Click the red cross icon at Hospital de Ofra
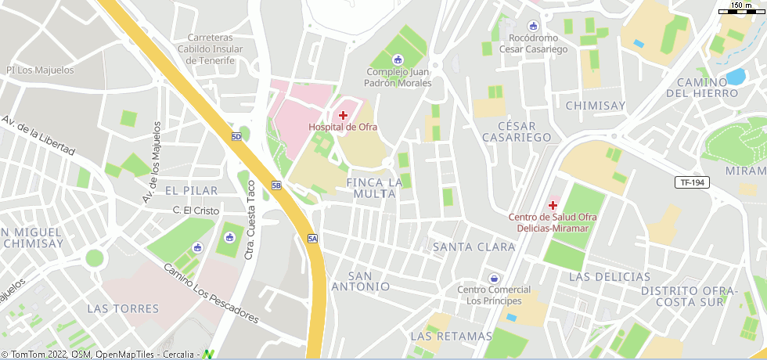pyautogui.click(x=343, y=116)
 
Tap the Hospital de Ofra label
pyautogui.click(x=343, y=127)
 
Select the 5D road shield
pyautogui.click(x=236, y=137)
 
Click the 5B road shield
pyautogui.click(x=276, y=185)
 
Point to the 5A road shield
pyautogui.click(x=313, y=239)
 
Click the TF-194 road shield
pyautogui.click(x=692, y=182)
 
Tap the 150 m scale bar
pyautogui.click(x=741, y=9)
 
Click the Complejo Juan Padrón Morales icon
pyautogui.click(x=397, y=59)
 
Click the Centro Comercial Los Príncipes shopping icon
pyautogui.click(x=494, y=278)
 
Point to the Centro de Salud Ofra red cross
pyautogui.click(x=553, y=205)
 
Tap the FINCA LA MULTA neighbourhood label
pyautogui.click(x=374, y=188)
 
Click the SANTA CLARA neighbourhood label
pyautogui.click(x=474, y=247)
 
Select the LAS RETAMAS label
pyautogui.click(x=451, y=337)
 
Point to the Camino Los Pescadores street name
pyautogui.click(x=211, y=293)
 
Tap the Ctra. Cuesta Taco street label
pyautogui.click(x=250, y=221)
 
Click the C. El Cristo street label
pyautogui.click(x=196, y=211)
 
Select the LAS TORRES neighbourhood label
pyautogui.click(x=124, y=308)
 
